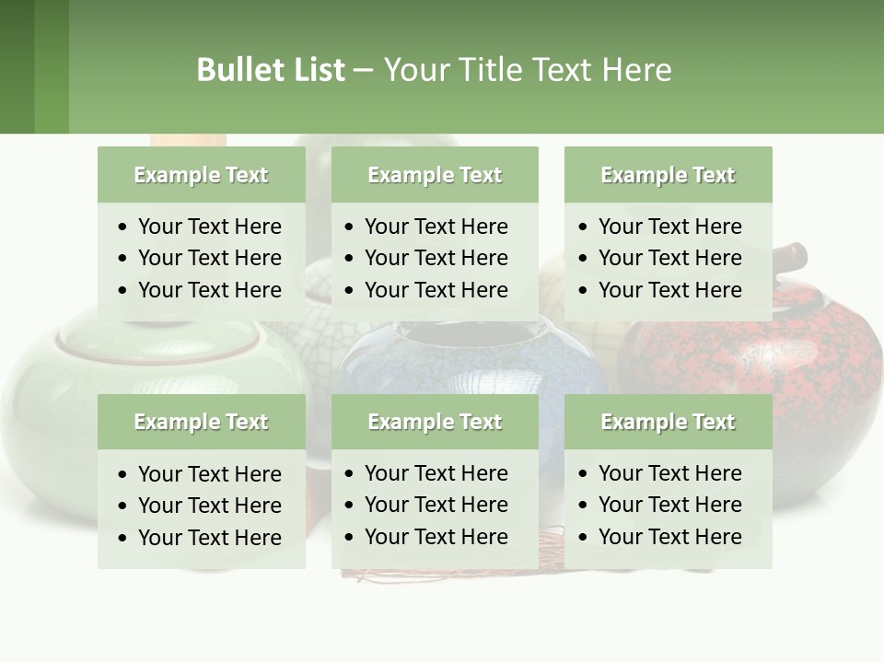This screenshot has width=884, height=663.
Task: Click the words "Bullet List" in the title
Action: [x=270, y=70]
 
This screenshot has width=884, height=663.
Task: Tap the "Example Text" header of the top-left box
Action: [x=201, y=175]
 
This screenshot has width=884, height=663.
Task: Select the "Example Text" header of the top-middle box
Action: [x=435, y=175]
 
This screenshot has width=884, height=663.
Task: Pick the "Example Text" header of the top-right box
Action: [x=668, y=175]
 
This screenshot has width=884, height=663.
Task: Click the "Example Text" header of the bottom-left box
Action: [x=201, y=422]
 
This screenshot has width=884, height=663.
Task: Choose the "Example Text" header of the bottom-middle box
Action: [x=435, y=422]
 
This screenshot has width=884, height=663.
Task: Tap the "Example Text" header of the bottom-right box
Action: [x=668, y=422]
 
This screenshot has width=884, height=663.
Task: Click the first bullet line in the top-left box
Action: [x=209, y=227]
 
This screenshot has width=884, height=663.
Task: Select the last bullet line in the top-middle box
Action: [x=436, y=290]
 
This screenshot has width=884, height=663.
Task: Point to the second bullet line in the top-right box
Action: [x=669, y=258]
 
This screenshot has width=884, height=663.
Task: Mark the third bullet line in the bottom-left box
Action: [x=209, y=538]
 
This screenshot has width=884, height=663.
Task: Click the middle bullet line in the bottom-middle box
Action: [x=436, y=505]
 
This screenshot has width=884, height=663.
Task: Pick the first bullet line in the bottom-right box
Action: [x=669, y=473]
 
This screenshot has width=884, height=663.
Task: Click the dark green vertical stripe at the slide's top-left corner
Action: [x=17, y=66]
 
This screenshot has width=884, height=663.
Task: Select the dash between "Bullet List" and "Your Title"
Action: [x=363, y=70]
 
